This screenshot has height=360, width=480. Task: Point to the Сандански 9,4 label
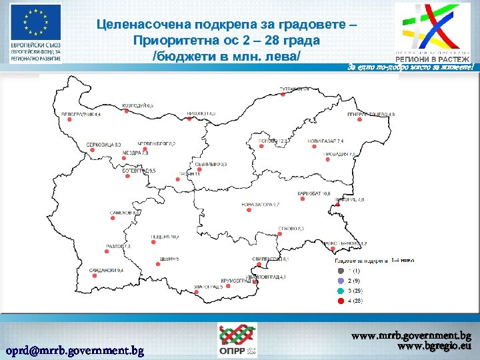tap(106, 270)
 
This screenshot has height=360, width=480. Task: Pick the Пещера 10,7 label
tap(165, 237)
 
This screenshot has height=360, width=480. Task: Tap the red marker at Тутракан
tap(283, 95)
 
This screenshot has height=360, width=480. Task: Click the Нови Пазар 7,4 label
tap(325, 141)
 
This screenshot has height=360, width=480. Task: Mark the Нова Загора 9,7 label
tap(260, 204)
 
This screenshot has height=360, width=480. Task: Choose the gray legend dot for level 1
tap(341, 271)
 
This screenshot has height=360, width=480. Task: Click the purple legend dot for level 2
tap(341, 281)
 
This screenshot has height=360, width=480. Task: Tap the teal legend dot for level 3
tap(341, 291)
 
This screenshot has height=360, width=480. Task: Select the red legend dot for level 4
tap(341, 301)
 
